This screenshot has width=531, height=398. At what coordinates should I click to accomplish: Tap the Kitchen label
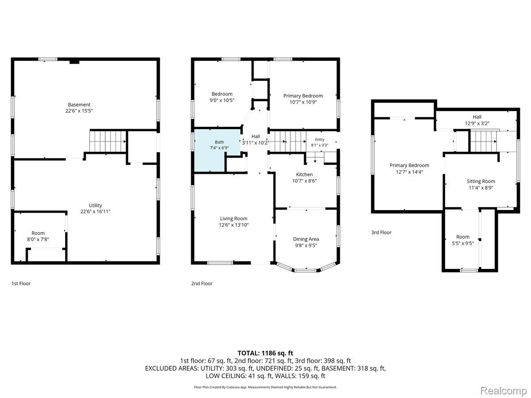point(304,175)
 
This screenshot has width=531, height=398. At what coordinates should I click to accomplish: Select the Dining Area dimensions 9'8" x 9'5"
point(306,245)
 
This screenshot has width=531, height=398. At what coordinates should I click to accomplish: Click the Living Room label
point(234,218)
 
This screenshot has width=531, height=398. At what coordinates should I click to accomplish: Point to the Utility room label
point(95,205)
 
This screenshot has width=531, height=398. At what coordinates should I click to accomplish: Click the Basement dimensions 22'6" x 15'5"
point(79,111)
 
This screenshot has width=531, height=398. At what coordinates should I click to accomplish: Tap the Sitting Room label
point(481,181)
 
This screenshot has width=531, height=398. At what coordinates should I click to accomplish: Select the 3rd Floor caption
point(381,233)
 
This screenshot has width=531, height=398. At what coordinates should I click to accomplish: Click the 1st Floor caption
point(21,283)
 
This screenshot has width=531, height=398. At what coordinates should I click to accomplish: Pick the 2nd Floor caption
point(202,283)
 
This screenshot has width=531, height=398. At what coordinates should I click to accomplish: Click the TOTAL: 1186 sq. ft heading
point(265,353)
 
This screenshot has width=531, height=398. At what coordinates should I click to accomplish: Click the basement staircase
point(108,142)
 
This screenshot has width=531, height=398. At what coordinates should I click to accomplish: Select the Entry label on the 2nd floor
point(319,139)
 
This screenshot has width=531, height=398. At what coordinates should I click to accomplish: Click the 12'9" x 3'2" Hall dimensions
point(477,123)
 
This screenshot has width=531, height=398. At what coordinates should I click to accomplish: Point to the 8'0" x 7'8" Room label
point(38,236)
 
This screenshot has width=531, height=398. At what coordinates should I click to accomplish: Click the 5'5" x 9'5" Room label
point(463,240)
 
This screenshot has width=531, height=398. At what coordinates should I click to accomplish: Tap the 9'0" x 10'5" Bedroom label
point(222,97)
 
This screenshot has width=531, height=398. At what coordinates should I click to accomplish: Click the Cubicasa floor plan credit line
point(265,387)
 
